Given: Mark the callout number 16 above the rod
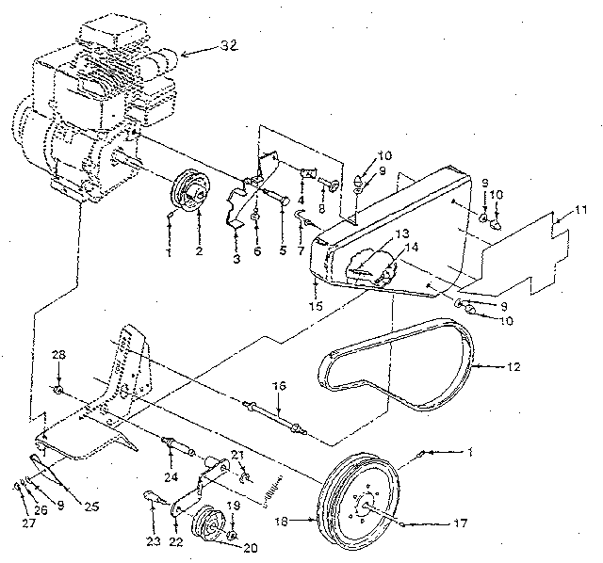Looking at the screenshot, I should click(278, 386).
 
